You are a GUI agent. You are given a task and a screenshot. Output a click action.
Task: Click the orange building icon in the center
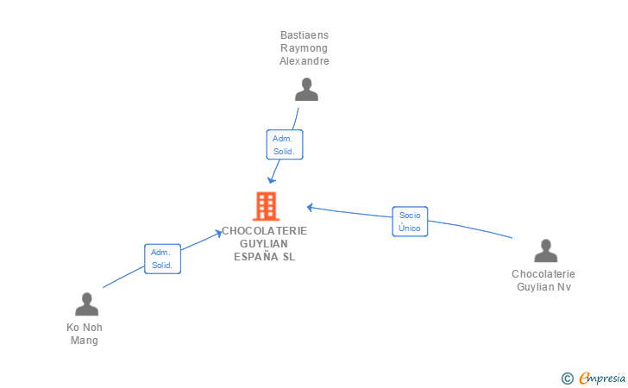[266, 206]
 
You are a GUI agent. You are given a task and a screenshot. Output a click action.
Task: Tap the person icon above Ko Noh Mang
[86, 304]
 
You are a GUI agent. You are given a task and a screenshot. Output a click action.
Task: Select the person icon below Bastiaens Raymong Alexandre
[306, 90]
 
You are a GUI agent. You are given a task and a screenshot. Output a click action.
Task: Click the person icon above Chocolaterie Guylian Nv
[545, 251]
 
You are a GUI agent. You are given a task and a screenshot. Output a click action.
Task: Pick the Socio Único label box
[410, 222]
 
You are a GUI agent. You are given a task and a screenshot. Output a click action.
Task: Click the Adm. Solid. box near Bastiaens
[284, 145]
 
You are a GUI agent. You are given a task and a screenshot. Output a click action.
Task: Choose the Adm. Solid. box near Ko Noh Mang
[162, 259]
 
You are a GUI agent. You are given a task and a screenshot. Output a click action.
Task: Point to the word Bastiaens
[305, 35]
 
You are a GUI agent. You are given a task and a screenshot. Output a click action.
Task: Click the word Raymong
[305, 48]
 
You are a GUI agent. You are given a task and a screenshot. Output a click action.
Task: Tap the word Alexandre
[305, 61]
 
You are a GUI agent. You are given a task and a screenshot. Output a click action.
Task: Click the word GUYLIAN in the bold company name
[264, 243]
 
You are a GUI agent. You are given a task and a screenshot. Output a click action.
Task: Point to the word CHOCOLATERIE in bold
[264, 230]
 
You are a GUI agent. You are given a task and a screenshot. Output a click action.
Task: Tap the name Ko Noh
[85, 328]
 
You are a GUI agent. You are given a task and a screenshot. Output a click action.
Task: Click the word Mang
[85, 341]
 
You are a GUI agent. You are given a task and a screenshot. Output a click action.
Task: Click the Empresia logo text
[602, 378]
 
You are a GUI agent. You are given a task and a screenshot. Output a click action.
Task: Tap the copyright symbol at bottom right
[567, 378]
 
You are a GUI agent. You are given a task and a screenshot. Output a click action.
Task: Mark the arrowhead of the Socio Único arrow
[310, 207]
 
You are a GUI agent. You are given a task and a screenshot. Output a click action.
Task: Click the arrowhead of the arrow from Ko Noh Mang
[221, 231]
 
